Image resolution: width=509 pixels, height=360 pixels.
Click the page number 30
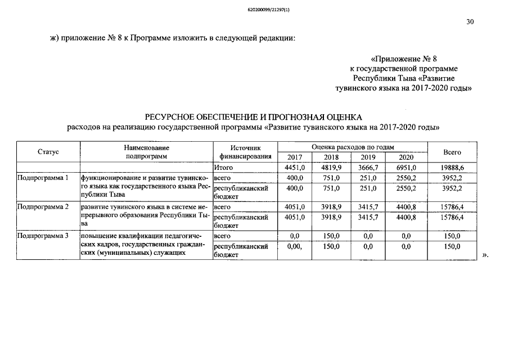470,22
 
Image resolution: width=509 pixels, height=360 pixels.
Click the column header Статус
48,152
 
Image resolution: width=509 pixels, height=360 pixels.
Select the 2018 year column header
331,157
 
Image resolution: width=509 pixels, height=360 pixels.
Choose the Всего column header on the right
452,152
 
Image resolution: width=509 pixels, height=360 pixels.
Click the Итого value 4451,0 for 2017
295,168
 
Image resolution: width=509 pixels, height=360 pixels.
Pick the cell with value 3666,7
368,168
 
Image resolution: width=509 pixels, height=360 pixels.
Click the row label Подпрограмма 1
43,178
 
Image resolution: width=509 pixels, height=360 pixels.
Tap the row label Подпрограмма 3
43,236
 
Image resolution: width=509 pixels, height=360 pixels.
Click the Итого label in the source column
223,168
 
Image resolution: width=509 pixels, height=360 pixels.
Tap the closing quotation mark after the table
485,255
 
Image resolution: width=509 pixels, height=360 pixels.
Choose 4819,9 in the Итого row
331,168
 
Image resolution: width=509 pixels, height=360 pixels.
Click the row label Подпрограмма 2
43,207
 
